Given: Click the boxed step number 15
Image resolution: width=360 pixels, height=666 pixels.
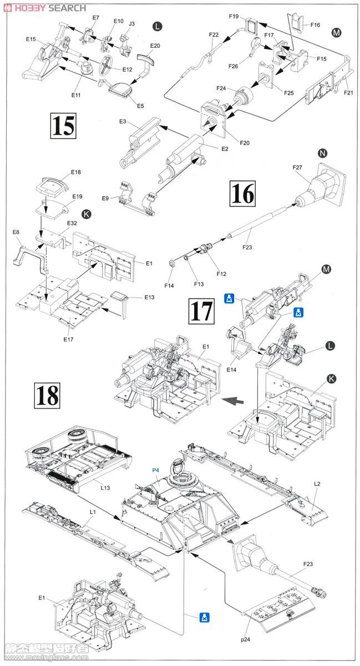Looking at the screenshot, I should coord(63,126).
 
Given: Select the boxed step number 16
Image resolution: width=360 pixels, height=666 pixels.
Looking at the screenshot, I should coord(242,195).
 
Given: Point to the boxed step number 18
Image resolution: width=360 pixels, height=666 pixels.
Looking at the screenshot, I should coord(47,396).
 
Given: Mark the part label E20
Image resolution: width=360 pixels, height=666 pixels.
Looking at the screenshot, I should coord(155,46).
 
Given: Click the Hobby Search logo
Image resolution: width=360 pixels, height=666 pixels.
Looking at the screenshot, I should coord(44,7).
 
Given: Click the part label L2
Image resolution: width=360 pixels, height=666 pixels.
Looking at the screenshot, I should coord(317,484).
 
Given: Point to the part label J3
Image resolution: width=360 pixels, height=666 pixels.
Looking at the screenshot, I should coord(131,24).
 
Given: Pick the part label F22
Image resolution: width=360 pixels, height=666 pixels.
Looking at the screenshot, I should coord(214,34).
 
